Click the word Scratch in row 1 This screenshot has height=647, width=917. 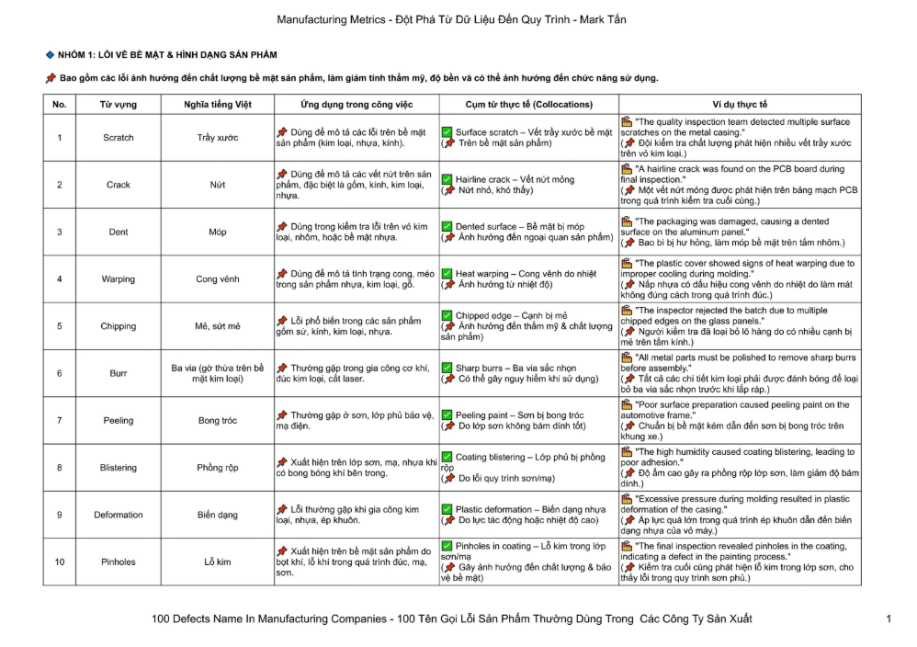pyautogui.click(x=118, y=138)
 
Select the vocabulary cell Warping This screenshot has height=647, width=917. pyautogui.click(x=118, y=279)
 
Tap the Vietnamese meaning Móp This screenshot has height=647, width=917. pyautogui.click(x=218, y=233)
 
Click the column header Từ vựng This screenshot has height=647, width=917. pyautogui.click(x=118, y=105)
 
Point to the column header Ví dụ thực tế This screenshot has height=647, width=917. pyautogui.click(x=740, y=105)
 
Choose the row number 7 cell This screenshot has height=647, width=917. pyautogui.click(x=60, y=421)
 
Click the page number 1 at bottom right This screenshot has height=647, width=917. pyautogui.click(x=889, y=619)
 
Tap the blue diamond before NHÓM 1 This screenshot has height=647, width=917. pyautogui.click(x=50, y=55)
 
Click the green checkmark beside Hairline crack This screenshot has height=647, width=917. pyautogui.click(x=447, y=180)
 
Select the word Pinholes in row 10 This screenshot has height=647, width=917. pyautogui.click(x=118, y=562)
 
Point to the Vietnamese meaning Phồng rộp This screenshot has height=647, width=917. pyautogui.click(x=218, y=468)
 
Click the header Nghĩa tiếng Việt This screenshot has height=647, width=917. pyautogui.click(x=218, y=105)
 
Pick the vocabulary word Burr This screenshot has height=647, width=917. pyautogui.click(x=118, y=374)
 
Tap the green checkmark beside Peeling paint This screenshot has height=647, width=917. pyautogui.click(x=447, y=415)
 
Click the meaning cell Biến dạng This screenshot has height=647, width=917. pyautogui.click(x=218, y=515)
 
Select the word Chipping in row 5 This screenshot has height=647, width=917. pyautogui.click(x=118, y=326)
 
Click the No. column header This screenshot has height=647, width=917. pyautogui.click(x=60, y=105)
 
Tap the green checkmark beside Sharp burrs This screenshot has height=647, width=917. pyautogui.click(x=447, y=369)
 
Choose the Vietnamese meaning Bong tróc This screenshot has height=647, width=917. pyautogui.click(x=218, y=421)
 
